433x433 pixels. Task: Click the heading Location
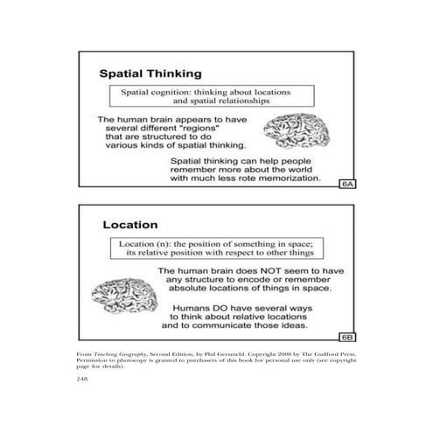[x=130, y=226]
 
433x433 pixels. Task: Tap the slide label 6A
[x=347, y=184]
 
